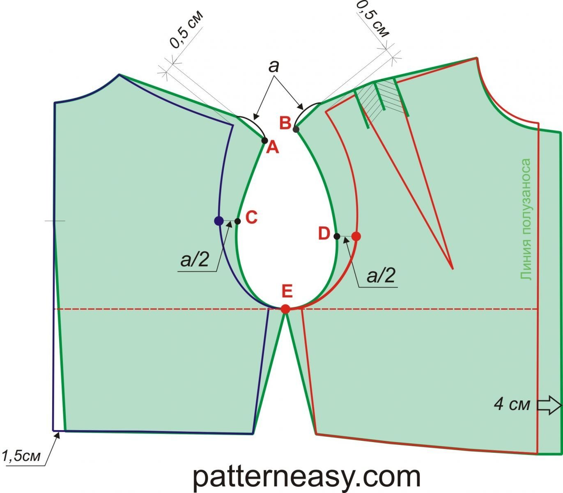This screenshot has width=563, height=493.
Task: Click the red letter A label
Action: coord(273,147)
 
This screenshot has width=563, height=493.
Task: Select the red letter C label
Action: coord(251,218)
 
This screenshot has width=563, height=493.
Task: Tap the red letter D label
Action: coord(324,234)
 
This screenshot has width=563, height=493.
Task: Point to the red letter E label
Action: coord(287,291)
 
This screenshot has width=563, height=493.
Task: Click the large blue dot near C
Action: coord(219,221)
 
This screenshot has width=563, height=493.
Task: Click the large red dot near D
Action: coord(356,236)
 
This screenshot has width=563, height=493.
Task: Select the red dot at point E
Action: coord(286,309)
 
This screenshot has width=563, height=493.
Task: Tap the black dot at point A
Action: coord(265,141)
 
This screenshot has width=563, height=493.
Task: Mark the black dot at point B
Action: coord(296,129)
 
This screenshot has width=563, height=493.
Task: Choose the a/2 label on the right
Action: coord(381,276)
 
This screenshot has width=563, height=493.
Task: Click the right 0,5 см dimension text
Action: coord(372,18)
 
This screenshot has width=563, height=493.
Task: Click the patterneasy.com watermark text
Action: coord(306,477)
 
